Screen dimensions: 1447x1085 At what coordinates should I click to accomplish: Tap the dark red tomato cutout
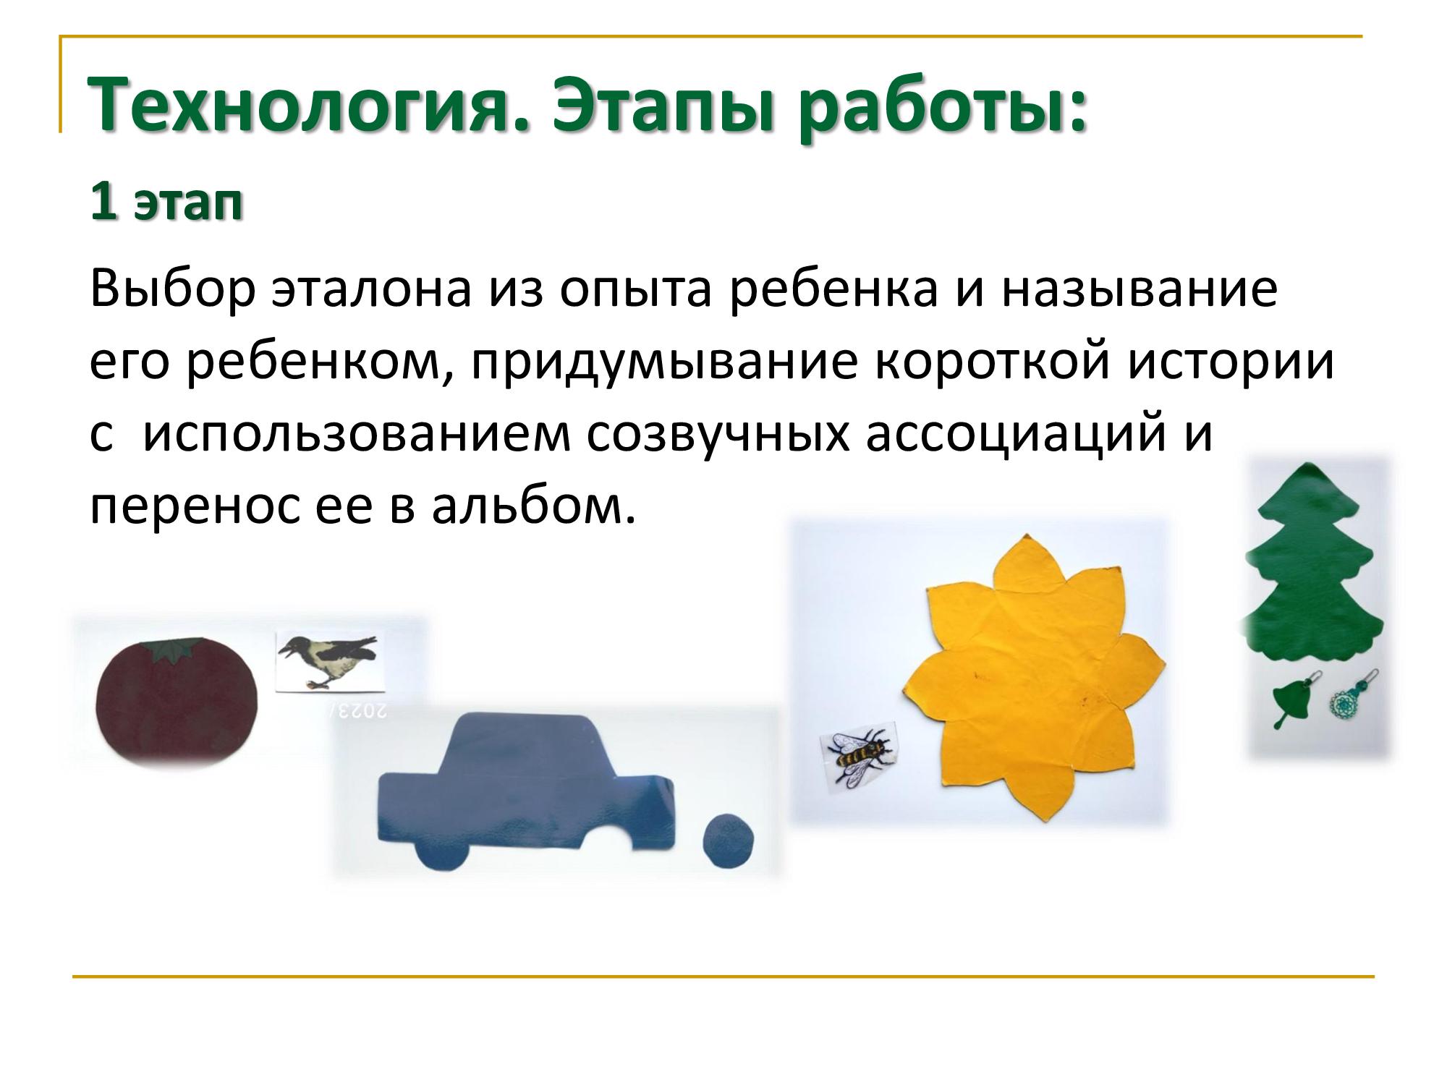click(177, 699)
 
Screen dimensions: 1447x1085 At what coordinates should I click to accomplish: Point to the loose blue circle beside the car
click(729, 841)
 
